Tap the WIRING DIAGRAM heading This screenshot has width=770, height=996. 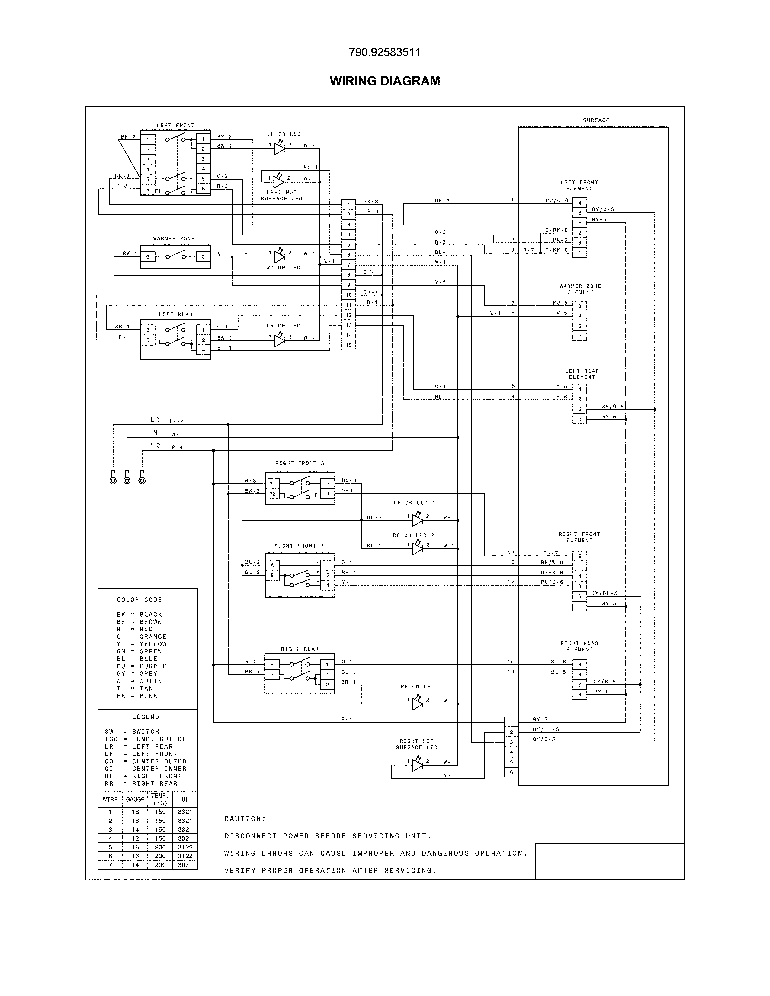(x=384, y=81)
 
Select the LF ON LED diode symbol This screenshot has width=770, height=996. (x=280, y=148)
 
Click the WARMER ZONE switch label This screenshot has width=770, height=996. (x=174, y=238)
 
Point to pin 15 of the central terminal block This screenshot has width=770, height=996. (x=348, y=345)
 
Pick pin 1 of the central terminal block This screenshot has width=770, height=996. (x=348, y=204)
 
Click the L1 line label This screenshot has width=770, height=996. (x=155, y=420)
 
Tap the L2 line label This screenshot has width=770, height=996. (x=156, y=446)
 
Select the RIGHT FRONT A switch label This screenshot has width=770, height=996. (x=300, y=463)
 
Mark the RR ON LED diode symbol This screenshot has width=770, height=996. (x=417, y=704)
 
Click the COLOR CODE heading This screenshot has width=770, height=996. (x=139, y=600)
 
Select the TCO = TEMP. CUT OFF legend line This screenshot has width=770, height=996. (x=147, y=739)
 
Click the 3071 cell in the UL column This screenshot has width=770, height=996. (x=185, y=865)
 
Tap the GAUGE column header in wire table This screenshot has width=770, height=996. (x=135, y=800)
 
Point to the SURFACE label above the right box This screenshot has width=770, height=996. (x=596, y=120)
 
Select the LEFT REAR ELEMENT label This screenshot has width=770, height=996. (x=582, y=374)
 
